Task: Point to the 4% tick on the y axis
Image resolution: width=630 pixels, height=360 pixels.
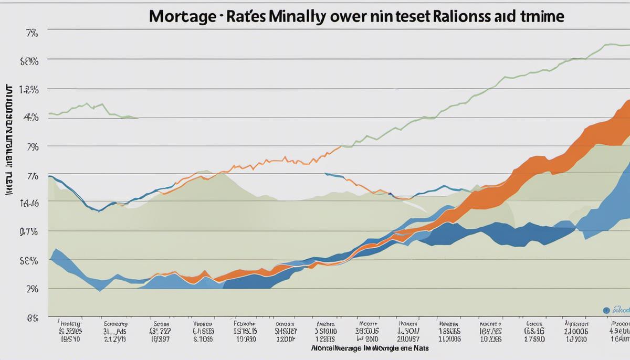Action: [x=31, y=118]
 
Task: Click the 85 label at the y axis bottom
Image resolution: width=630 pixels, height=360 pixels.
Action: [x=31, y=317]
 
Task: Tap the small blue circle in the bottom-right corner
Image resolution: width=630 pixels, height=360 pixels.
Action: [x=607, y=311]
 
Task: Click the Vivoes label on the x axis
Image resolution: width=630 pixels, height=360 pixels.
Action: [x=203, y=324]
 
